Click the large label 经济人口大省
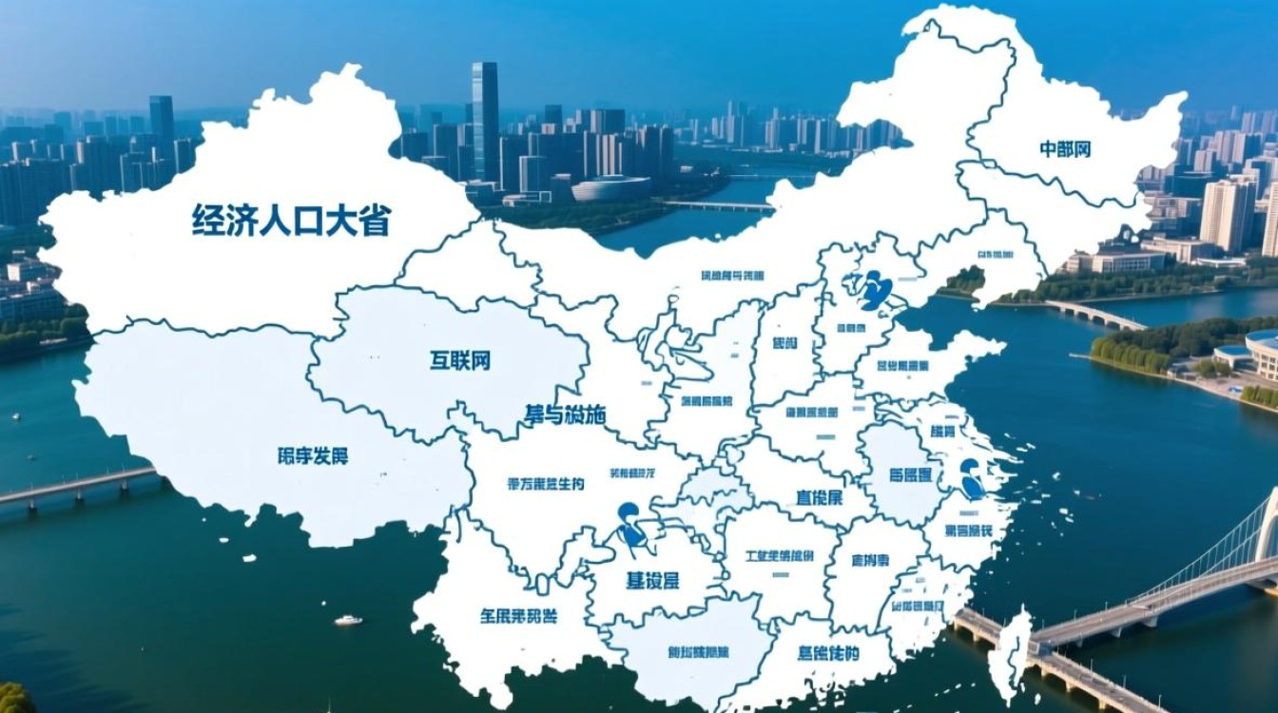[x=291, y=220]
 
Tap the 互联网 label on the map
[x=459, y=360]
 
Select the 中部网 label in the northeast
[x=1064, y=149]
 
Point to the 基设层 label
[x=659, y=579]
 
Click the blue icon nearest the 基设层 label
[x=630, y=529]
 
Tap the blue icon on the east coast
[x=972, y=479]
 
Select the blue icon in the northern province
[x=874, y=289]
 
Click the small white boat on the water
[x=348, y=620]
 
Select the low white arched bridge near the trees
[x=1094, y=314]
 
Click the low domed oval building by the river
[x=609, y=188]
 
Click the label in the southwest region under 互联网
[x=313, y=455]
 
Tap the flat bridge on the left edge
[x=76, y=485]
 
